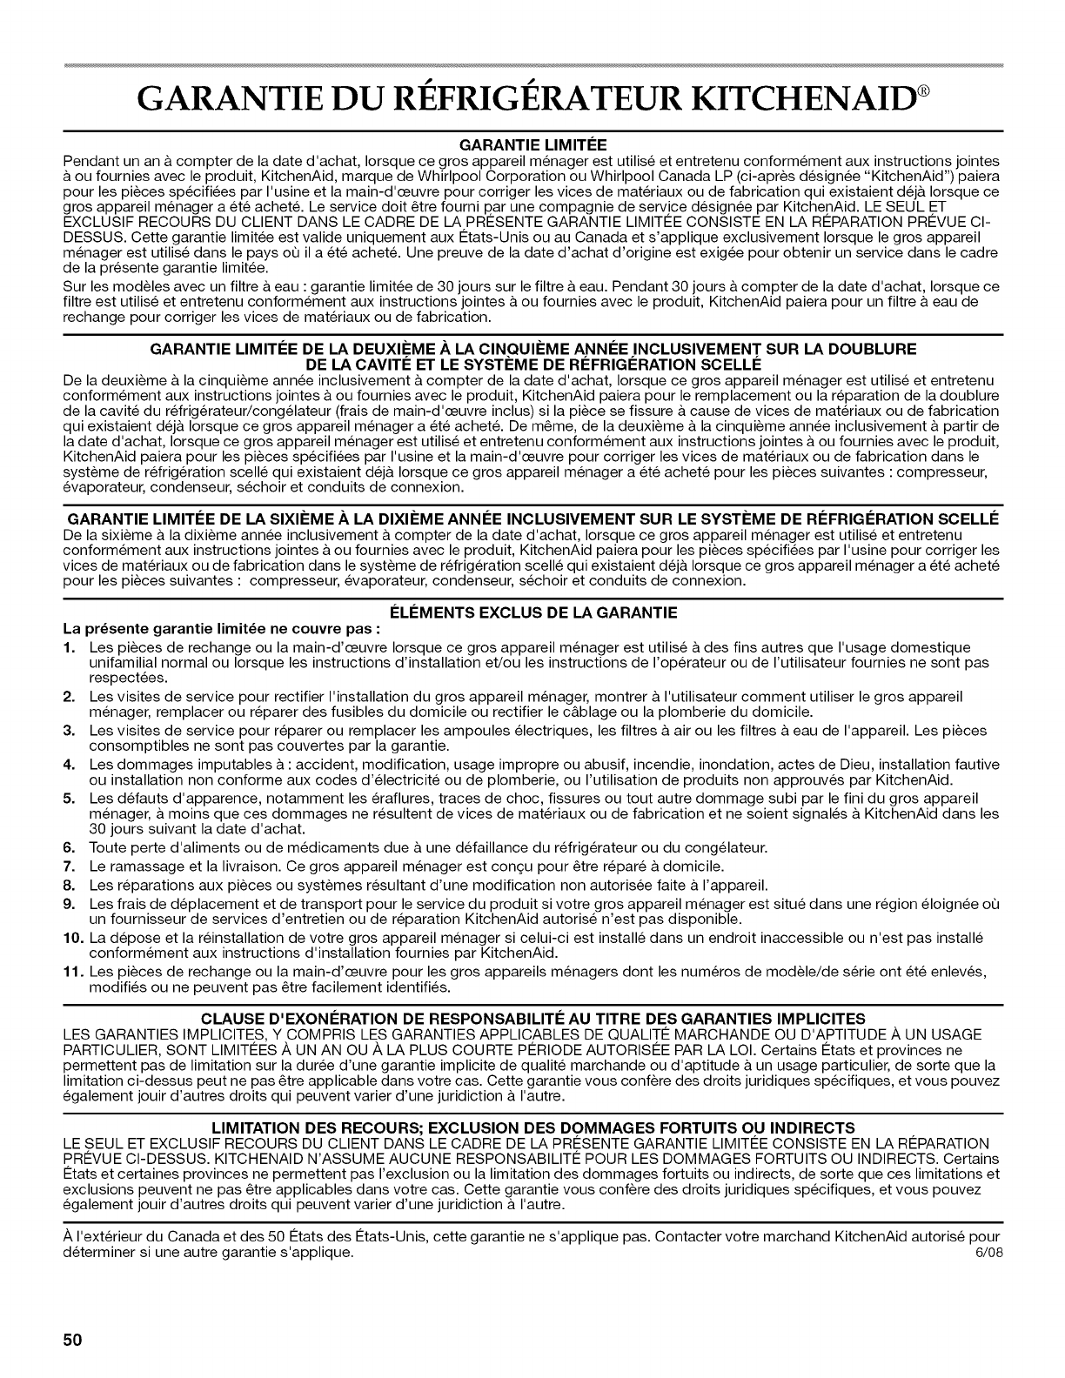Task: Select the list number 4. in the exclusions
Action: coord(68,763)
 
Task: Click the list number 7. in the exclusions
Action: coord(68,866)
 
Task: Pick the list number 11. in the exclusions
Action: coord(71,970)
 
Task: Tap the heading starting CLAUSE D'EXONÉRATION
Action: coord(533,1018)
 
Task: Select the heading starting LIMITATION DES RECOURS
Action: coord(533,1128)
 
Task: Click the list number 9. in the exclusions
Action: coord(68,905)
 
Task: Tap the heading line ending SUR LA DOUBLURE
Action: coord(533,349)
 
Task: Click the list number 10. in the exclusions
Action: coord(71,938)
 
